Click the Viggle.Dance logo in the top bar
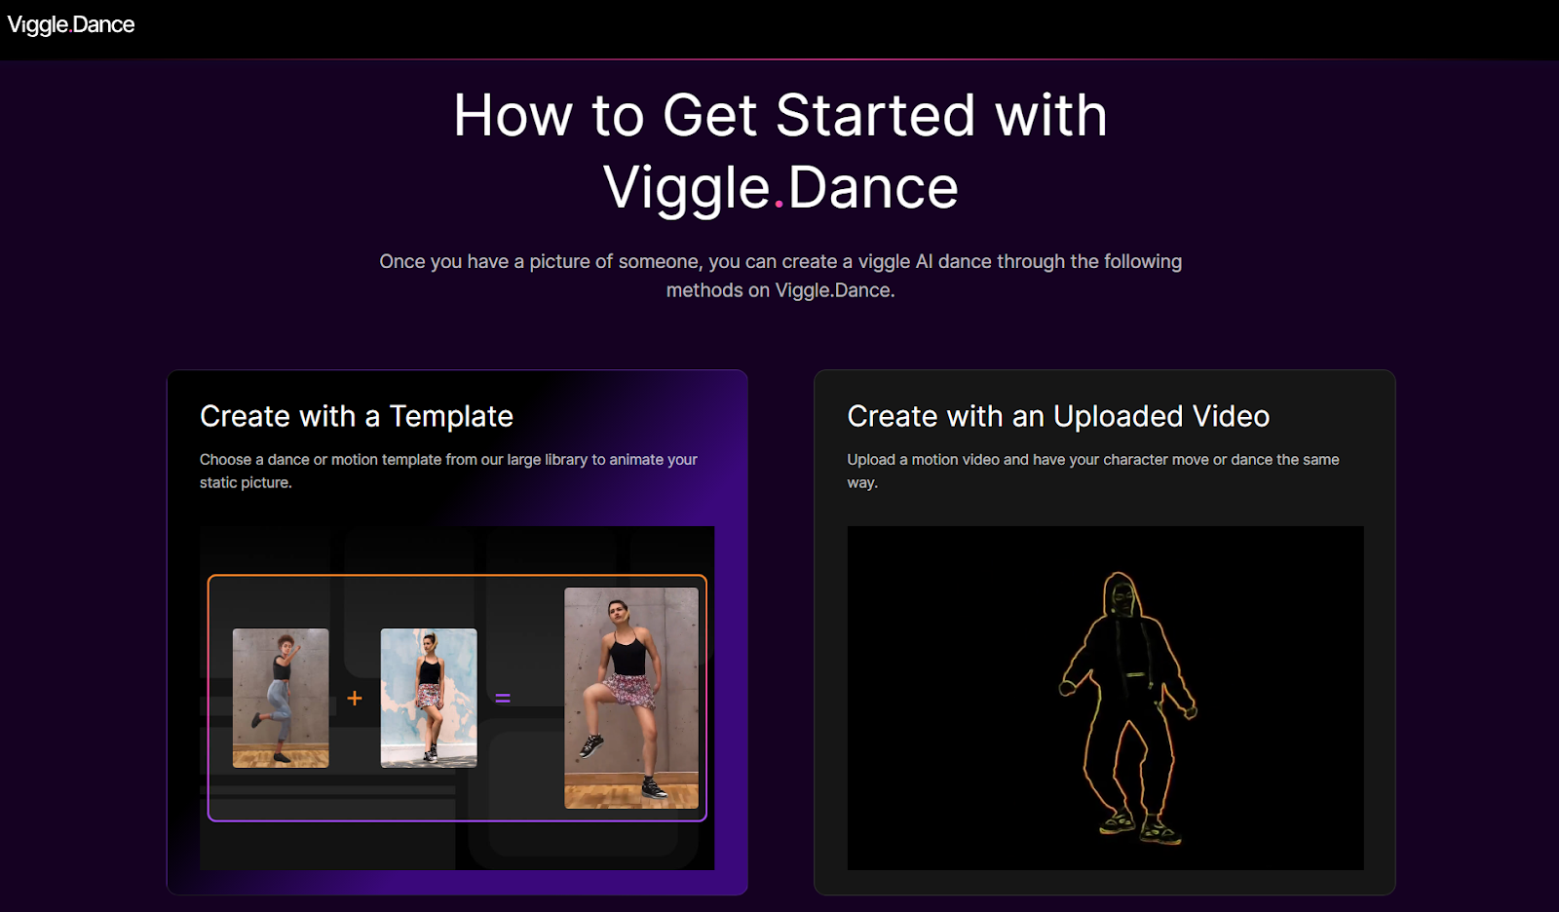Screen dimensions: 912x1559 click(x=71, y=24)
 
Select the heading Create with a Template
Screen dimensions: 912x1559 click(x=356, y=416)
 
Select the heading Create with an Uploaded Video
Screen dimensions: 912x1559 click(x=1058, y=416)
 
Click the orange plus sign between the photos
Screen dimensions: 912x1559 click(x=355, y=698)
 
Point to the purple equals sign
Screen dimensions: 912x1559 click(x=503, y=698)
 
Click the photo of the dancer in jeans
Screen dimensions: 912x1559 click(x=281, y=698)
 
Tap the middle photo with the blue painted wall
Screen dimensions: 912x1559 click(x=429, y=698)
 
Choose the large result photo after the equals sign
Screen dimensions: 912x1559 click(x=631, y=698)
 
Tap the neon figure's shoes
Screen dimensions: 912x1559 click(x=1140, y=827)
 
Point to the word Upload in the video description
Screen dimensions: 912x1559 click(x=871, y=459)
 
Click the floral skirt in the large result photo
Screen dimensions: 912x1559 click(x=629, y=689)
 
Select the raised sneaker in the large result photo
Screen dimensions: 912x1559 click(x=589, y=746)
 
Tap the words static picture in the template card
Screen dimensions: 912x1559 click(x=245, y=482)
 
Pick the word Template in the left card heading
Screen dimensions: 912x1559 click(x=451, y=416)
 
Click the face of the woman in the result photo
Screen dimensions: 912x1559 click(x=619, y=613)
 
